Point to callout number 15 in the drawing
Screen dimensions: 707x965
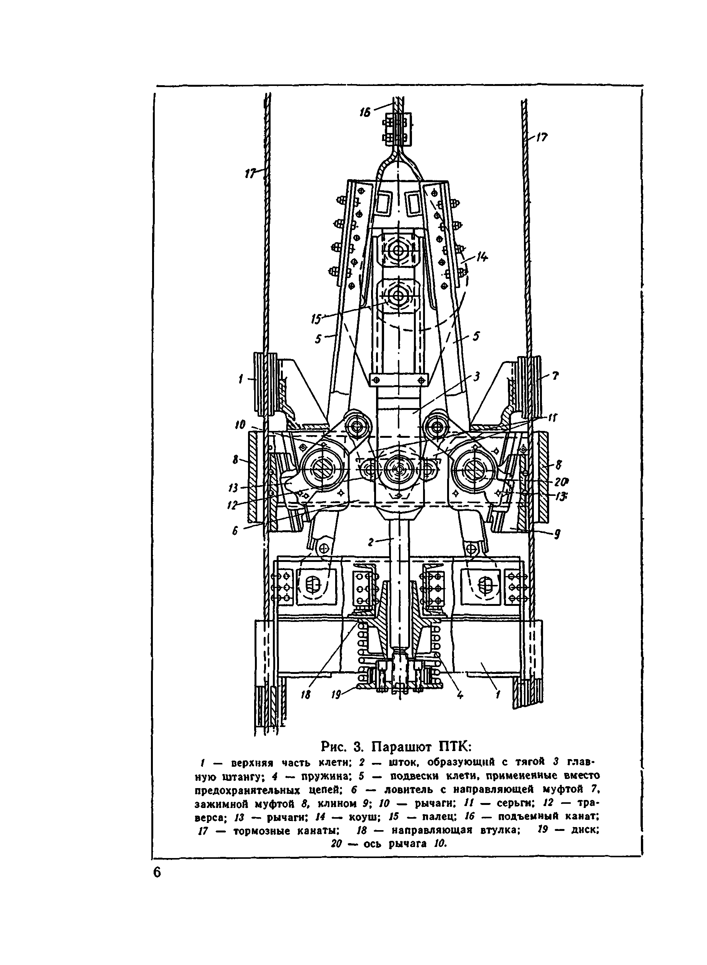coord(317,319)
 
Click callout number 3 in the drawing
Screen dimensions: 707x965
coord(476,376)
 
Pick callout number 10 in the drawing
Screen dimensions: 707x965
coord(240,424)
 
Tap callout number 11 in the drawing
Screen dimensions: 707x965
coord(553,418)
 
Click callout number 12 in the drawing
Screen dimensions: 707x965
coord(233,505)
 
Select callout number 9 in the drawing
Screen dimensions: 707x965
coord(557,534)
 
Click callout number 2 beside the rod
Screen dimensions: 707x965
coord(371,542)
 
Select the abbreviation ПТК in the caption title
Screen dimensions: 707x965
coord(455,747)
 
